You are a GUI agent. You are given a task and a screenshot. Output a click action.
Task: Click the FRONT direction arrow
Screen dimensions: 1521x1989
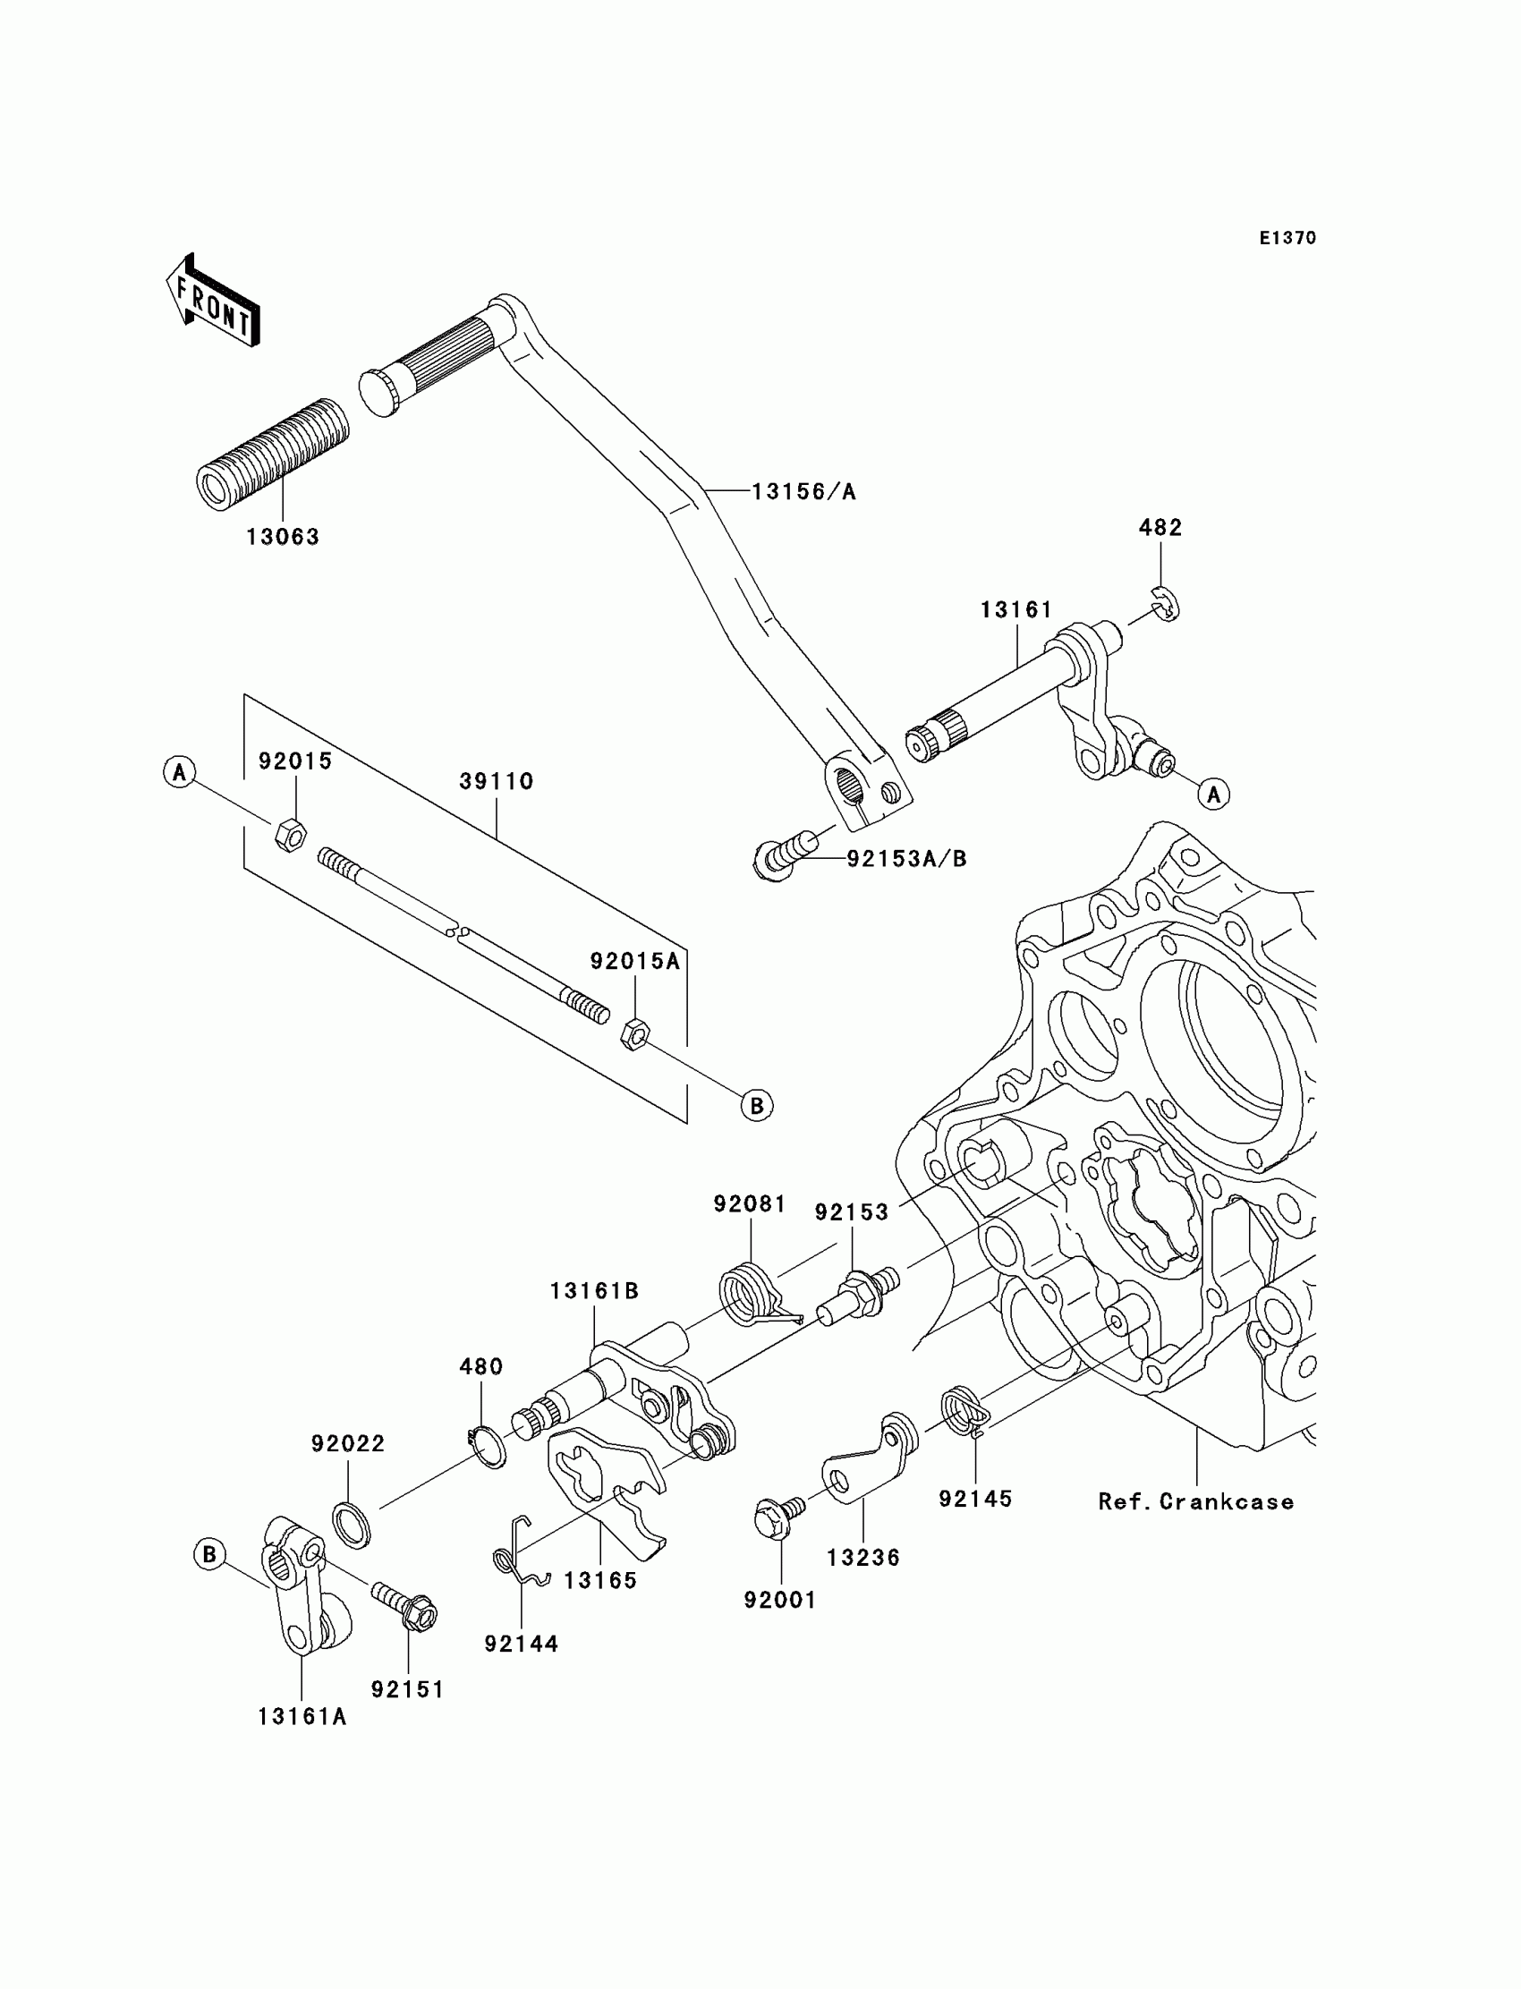[x=213, y=301]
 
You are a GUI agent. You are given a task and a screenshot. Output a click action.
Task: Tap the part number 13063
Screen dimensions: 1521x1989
[x=284, y=537]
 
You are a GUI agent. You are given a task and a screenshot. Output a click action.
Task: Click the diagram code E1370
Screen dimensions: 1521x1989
[x=1287, y=238]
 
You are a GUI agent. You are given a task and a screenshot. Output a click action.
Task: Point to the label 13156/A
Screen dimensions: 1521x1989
[x=804, y=491]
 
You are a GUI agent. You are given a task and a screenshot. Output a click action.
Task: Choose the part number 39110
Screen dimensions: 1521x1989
[x=497, y=781]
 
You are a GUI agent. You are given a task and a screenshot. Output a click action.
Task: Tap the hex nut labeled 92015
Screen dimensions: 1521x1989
[x=290, y=834]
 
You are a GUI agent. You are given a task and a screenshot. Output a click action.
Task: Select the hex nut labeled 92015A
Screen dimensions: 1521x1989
[x=633, y=1033]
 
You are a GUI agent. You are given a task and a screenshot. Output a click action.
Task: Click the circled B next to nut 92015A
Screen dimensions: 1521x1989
[x=757, y=1105]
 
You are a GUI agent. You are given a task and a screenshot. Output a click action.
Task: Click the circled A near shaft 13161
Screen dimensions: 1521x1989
[x=1213, y=794]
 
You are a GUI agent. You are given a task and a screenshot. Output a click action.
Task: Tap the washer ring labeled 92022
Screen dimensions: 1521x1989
[x=353, y=1526]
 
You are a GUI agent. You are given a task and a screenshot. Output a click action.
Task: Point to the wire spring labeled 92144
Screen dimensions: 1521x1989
[x=521, y=1553]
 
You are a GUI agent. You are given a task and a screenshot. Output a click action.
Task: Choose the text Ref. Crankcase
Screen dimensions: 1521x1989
[x=1196, y=1502]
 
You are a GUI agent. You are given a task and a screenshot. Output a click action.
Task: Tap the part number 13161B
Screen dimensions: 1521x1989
[x=594, y=1291]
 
